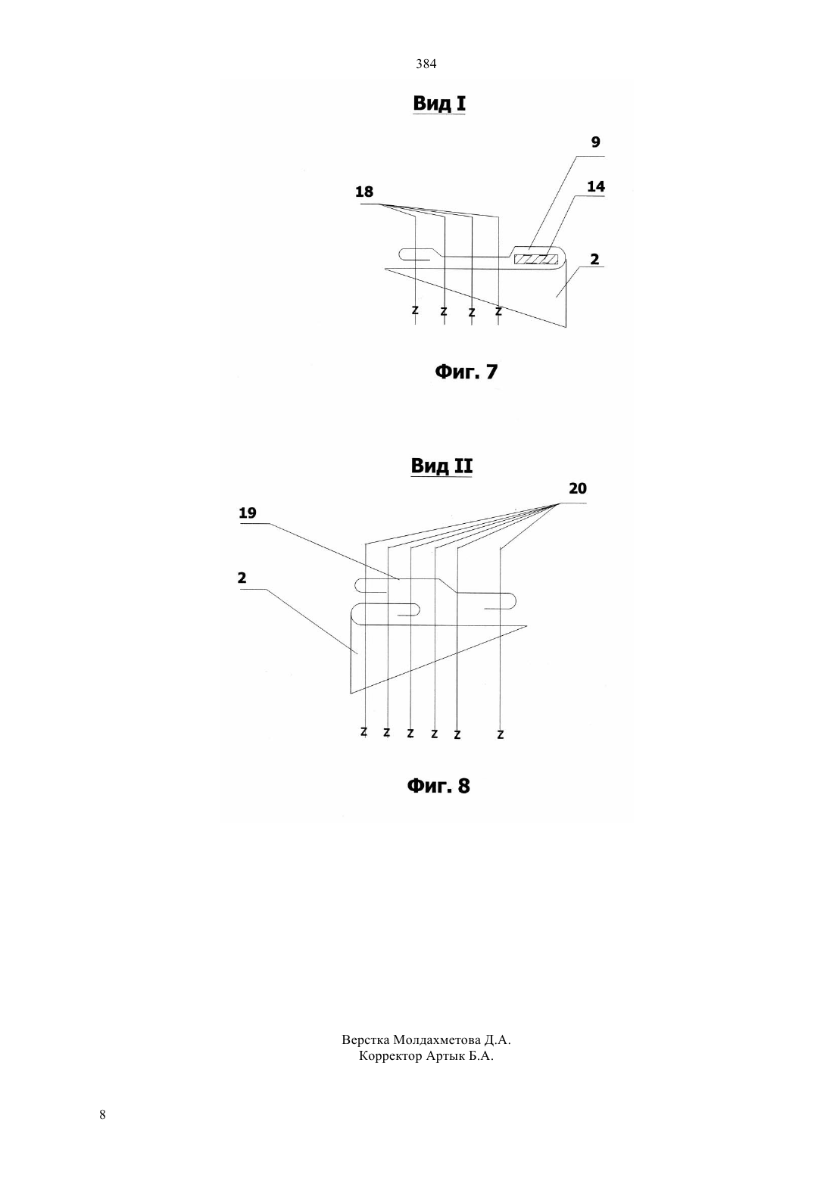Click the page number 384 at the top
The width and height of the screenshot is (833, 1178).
click(426, 64)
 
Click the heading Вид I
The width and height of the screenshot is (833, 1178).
click(439, 103)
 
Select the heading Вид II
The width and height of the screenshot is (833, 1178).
click(441, 466)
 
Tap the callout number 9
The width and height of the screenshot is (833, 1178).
click(595, 142)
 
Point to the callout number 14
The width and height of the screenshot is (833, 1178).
click(596, 186)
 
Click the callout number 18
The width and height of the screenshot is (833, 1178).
click(364, 192)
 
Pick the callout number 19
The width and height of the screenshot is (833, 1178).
click(247, 513)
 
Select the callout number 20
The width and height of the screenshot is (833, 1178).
click(577, 488)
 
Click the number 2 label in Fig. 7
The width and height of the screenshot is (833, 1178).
click(594, 259)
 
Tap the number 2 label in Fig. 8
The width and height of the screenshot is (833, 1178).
click(242, 578)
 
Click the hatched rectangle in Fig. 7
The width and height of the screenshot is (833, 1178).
click(536, 259)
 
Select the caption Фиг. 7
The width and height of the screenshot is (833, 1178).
click(466, 372)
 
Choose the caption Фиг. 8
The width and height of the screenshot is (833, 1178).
click(438, 786)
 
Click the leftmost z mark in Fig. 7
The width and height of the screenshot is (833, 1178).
click(415, 310)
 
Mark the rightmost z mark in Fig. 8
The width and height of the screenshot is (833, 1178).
click(500, 734)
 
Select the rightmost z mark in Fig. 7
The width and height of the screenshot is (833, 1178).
click(498, 311)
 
